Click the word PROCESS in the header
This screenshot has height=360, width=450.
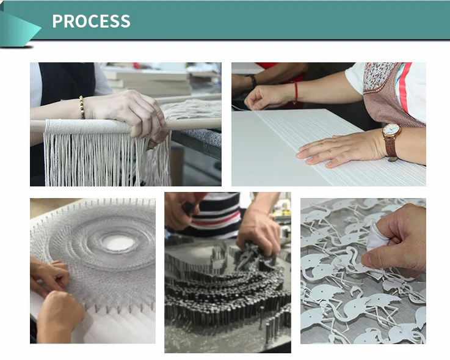91,21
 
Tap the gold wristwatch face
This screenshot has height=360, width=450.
391,131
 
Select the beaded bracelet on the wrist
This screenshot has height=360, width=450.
82,108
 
